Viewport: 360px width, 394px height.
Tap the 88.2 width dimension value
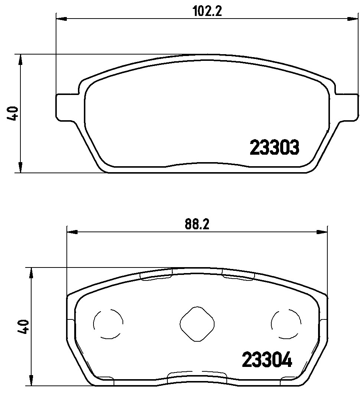point(197,224)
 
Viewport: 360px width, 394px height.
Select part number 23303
point(274,148)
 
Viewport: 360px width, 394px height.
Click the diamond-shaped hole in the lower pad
point(197,324)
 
